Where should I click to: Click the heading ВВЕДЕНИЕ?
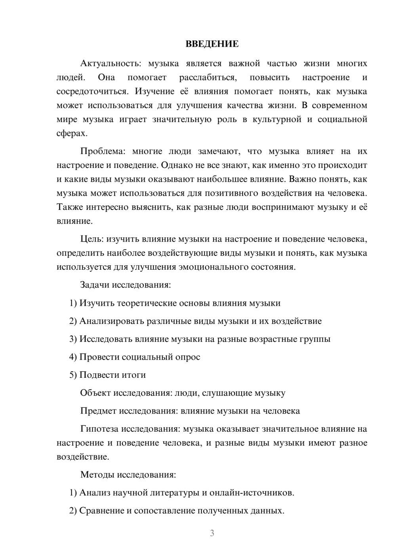coord(212,44)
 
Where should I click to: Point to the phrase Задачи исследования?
coord(125,285)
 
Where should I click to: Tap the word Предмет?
coord(98,411)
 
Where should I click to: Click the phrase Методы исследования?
coord(128,474)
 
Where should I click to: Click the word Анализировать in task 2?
coord(112,321)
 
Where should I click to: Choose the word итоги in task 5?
coord(133,375)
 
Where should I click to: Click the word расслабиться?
coord(208,78)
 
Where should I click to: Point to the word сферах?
coord(72,133)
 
